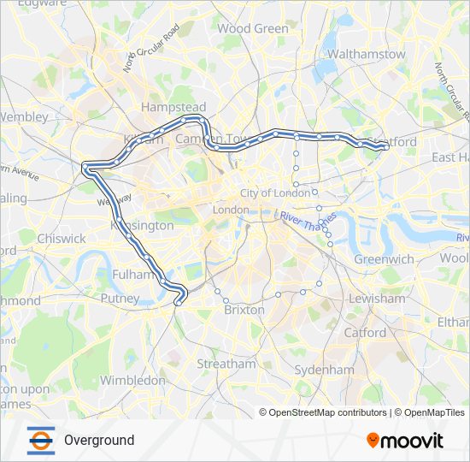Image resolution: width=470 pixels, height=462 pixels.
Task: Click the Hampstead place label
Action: click(x=167, y=108)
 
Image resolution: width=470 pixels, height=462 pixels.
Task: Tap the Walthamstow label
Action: click(x=367, y=54)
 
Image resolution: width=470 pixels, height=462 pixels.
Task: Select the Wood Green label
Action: click(x=253, y=28)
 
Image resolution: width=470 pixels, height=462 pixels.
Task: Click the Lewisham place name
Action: click(x=377, y=299)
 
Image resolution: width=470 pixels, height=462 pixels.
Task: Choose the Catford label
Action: click(x=365, y=332)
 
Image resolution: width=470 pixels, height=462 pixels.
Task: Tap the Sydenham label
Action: click(x=324, y=370)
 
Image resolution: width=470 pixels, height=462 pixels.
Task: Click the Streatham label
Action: click(x=226, y=364)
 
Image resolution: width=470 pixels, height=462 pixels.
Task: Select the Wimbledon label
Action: click(x=132, y=379)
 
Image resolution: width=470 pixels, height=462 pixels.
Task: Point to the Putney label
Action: click(x=120, y=299)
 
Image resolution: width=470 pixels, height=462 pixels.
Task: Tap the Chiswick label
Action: click(x=62, y=239)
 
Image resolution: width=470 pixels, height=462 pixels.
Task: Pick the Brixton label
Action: click(x=244, y=311)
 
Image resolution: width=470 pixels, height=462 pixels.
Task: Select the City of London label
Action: click(x=274, y=193)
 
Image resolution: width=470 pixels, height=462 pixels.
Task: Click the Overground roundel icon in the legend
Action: click(x=40, y=440)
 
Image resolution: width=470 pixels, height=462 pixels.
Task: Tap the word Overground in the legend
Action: click(x=99, y=440)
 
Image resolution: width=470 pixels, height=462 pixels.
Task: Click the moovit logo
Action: click(x=405, y=441)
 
